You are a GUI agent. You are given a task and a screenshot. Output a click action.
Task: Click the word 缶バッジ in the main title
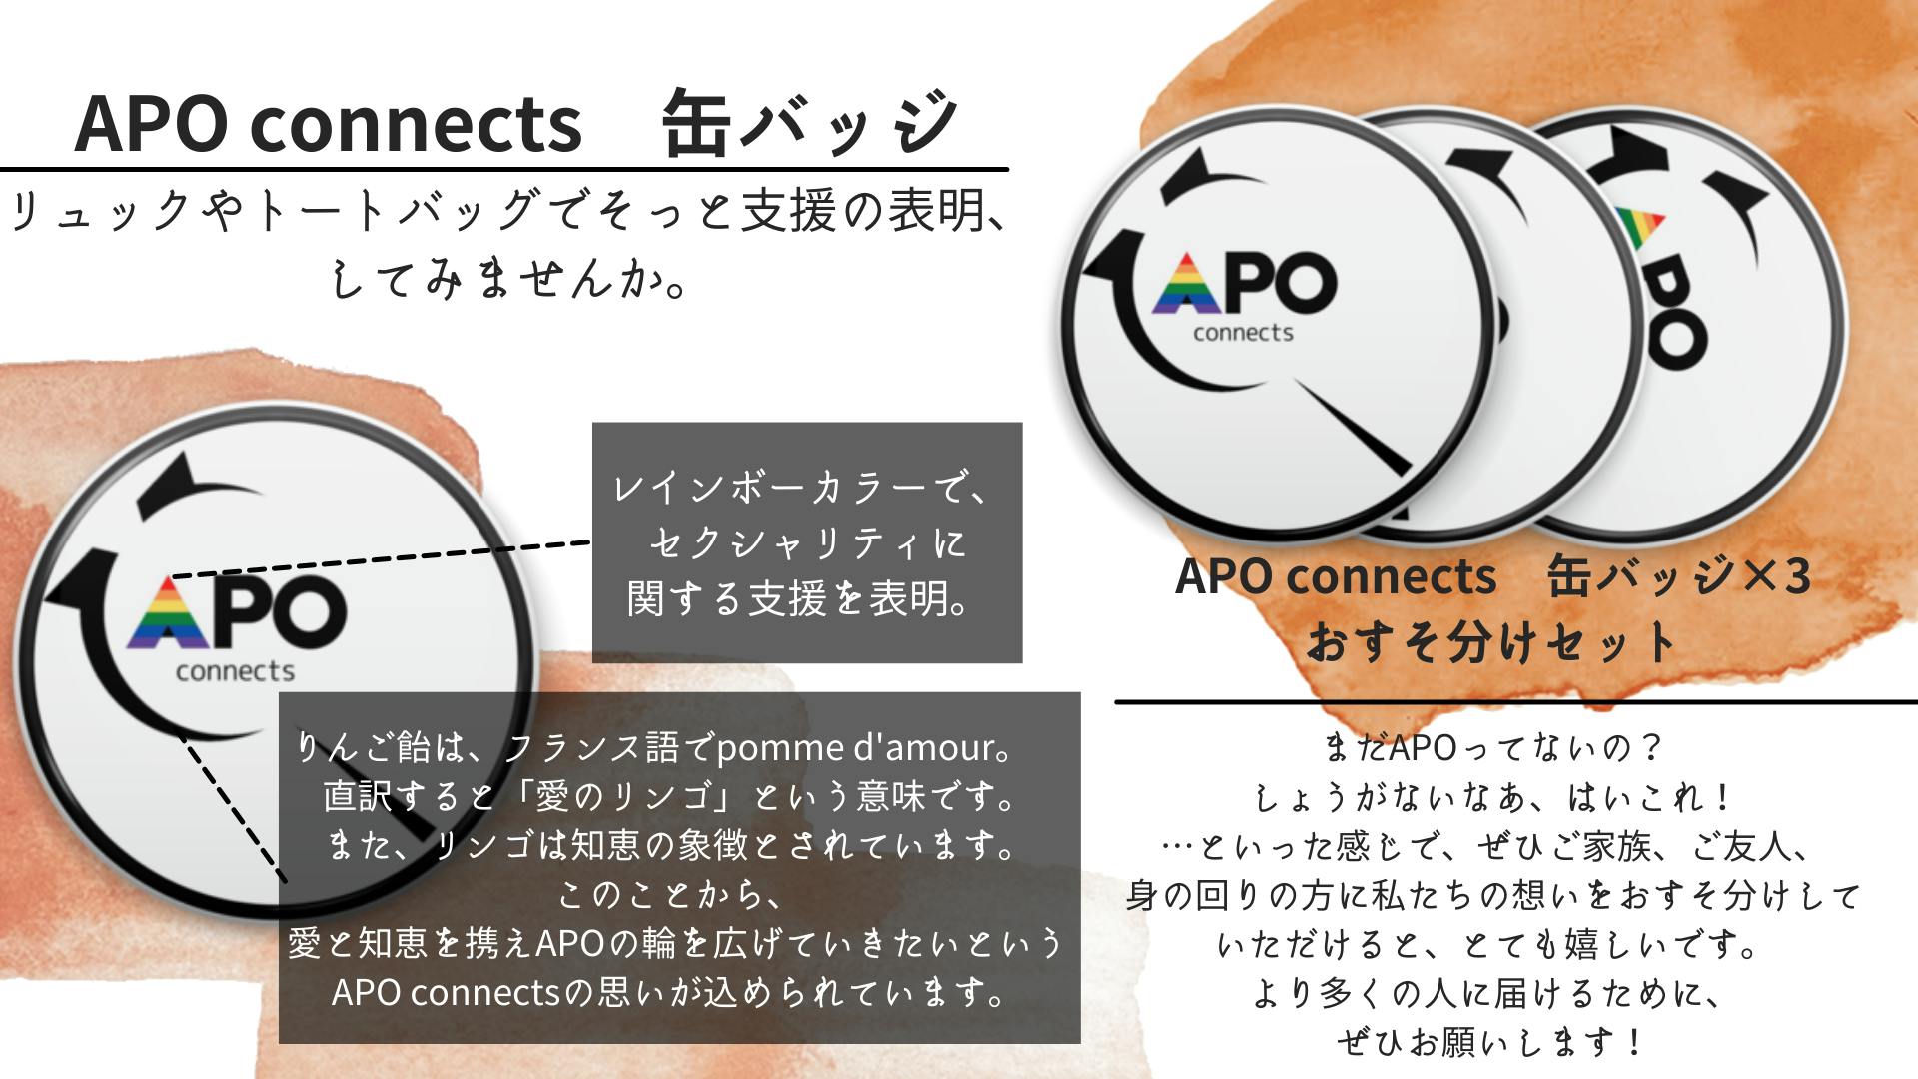point(810,123)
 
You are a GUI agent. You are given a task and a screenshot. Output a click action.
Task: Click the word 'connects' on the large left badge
point(235,671)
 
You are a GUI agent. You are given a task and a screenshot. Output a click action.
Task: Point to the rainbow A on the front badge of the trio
point(1186,284)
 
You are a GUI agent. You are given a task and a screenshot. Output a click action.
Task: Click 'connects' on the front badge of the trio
point(1243,333)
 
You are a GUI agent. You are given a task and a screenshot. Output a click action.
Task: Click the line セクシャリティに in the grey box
point(808,543)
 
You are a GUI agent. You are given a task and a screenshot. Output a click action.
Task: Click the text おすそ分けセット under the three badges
point(1491,642)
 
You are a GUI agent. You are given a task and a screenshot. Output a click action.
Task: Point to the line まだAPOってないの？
point(1491,747)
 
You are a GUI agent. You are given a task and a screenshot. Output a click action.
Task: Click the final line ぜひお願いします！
point(1489,1042)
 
